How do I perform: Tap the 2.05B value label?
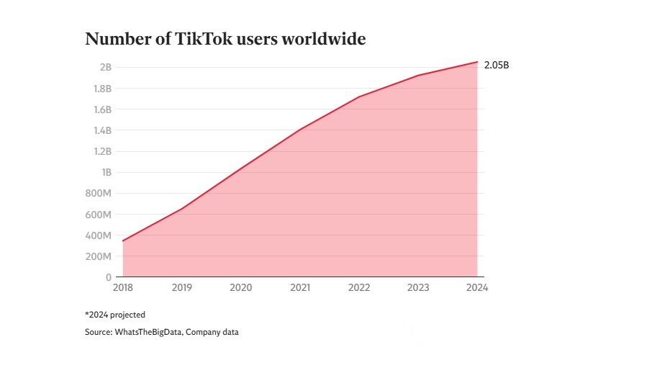pyautogui.click(x=496, y=66)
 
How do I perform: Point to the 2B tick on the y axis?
pyautogui.click(x=105, y=67)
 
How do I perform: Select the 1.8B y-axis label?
pyautogui.click(x=102, y=89)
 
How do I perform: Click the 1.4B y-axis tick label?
pyautogui.click(x=102, y=130)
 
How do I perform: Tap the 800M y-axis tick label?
pyautogui.click(x=99, y=193)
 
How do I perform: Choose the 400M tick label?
pyautogui.click(x=99, y=235)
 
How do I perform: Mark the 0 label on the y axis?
pyautogui.click(x=108, y=277)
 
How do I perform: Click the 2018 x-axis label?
pyautogui.click(x=123, y=288)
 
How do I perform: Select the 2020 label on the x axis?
pyautogui.click(x=241, y=288)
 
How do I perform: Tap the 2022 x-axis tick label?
pyautogui.click(x=359, y=288)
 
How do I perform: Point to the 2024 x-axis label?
pyautogui.click(x=476, y=288)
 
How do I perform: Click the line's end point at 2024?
pyautogui.click(x=477, y=62)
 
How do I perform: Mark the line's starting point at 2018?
pyautogui.click(x=123, y=241)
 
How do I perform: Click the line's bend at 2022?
pyautogui.click(x=359, y=96)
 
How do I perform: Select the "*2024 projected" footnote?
pyautogui.click(x=115, y=315)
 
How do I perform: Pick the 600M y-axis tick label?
pyautogui.click(x=99, y=215)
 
